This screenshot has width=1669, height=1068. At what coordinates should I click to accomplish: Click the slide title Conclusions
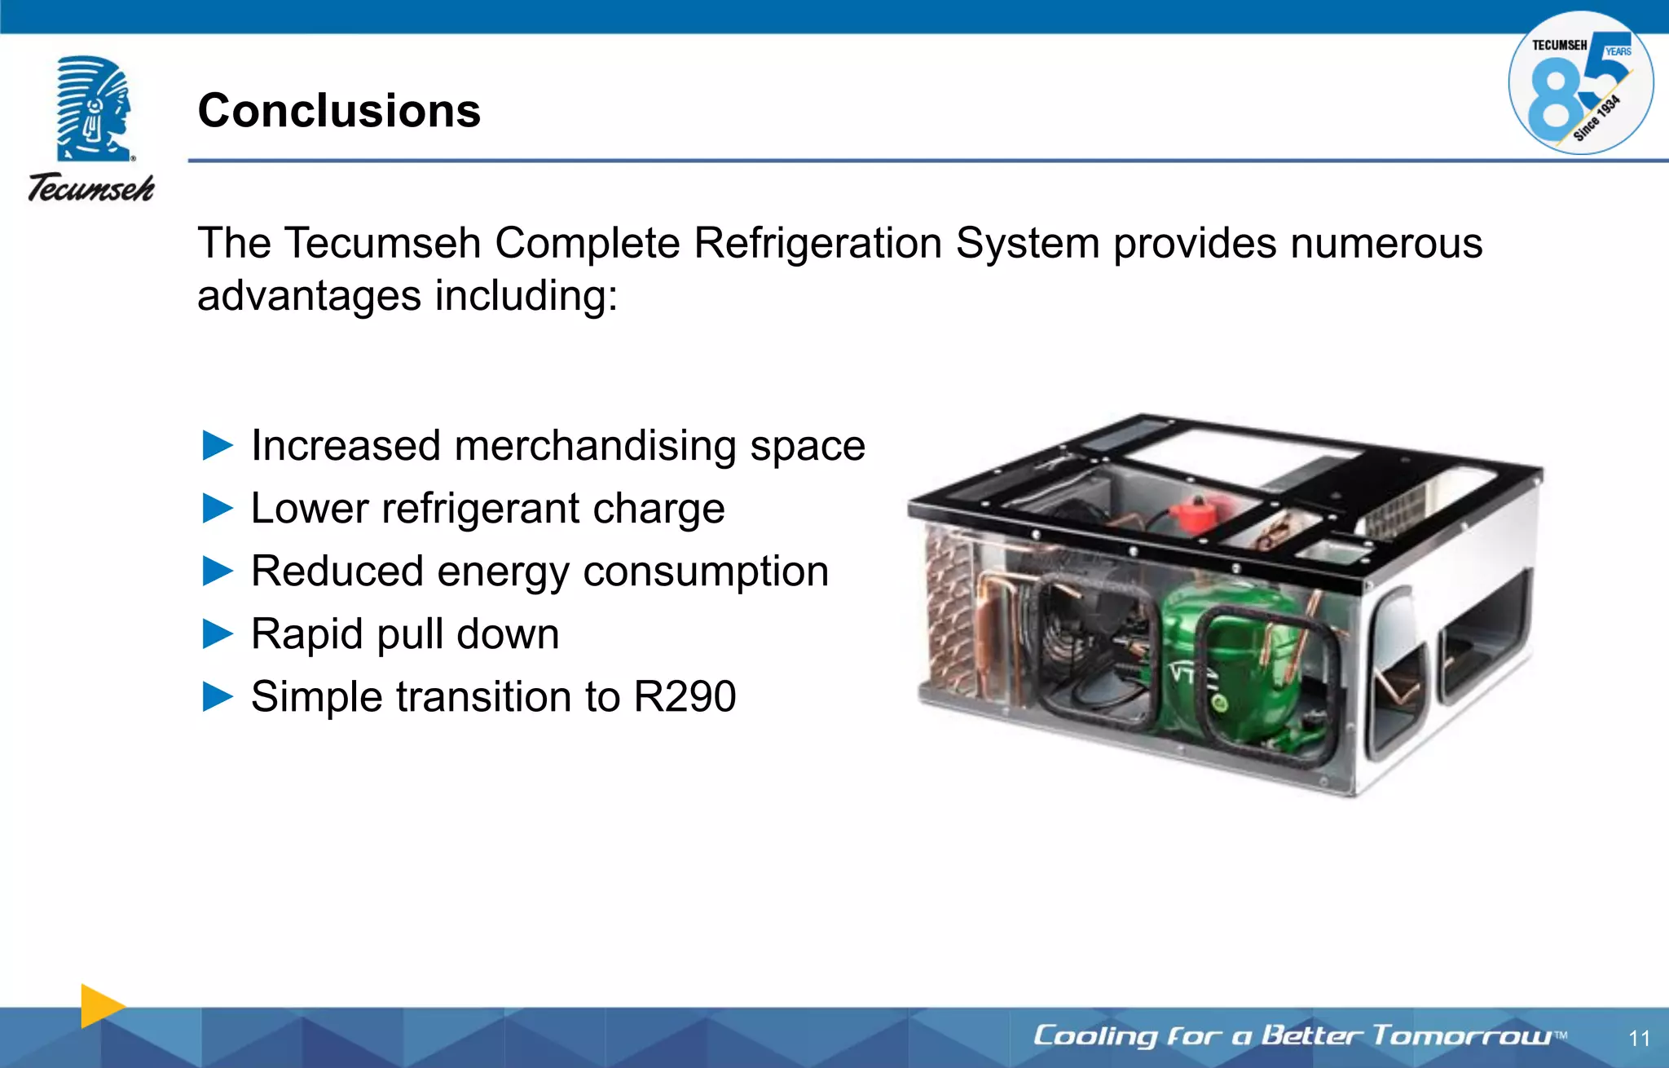click(x=339, y=111)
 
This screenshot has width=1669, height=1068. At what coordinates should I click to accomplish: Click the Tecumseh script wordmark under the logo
click(x=91, y=188)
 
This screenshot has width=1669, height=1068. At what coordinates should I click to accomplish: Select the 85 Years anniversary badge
click(x=1580, y=83)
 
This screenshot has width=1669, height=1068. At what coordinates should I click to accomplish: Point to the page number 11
click(x=1639, y=1038)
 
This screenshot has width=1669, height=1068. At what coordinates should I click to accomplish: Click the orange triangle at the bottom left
click(x=100, y=1006)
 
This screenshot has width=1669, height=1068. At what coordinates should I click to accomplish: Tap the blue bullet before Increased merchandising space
click(x=218, y=446)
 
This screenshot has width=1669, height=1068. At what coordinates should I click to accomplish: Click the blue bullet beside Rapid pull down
click(x=218, y=634)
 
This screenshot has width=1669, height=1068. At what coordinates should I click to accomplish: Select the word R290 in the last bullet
click(x=685, y=697)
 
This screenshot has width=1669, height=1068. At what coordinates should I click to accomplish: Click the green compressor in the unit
click(x=1222, y=660)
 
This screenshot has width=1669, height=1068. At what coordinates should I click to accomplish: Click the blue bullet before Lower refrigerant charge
click(x=218, y=509)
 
